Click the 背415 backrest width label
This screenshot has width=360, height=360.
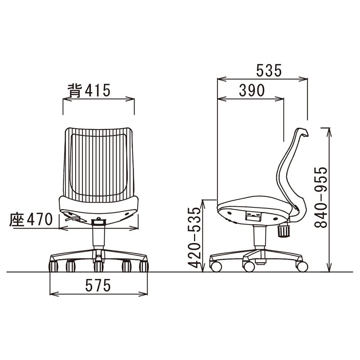89,90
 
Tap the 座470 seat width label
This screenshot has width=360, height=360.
31,219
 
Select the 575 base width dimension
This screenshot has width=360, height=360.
98,286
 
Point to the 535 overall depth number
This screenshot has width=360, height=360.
269,71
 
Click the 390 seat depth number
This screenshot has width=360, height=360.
252,90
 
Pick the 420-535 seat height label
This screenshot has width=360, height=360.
194,238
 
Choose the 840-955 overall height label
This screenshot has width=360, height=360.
320,198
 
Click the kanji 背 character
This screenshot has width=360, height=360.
75,90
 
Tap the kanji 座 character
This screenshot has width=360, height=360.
17,220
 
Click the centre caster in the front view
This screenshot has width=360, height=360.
99,266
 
